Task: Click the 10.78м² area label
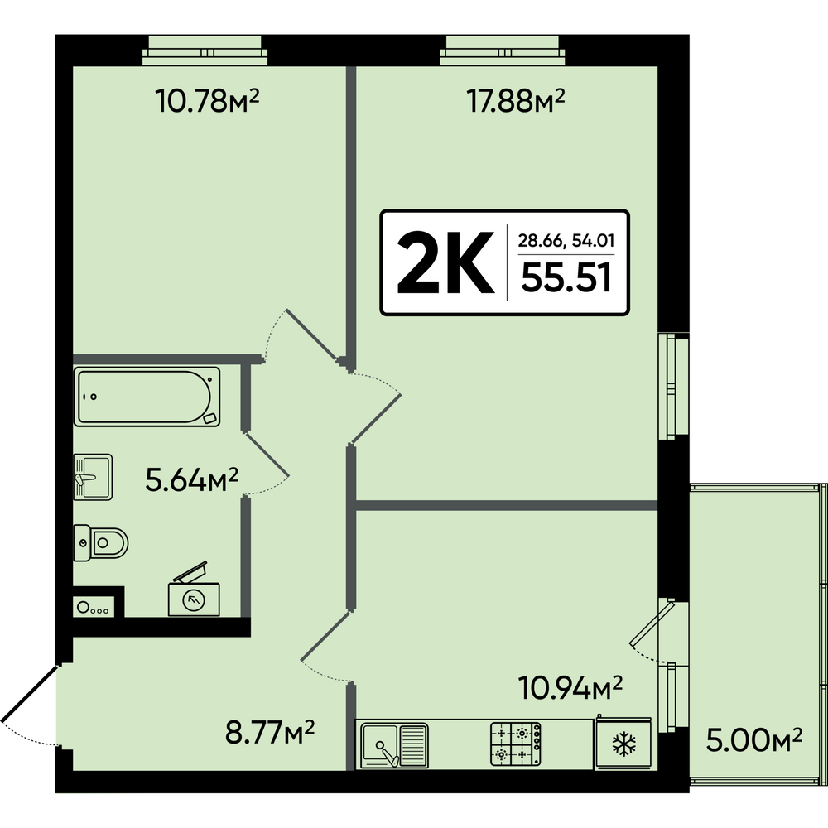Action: coord(207,100)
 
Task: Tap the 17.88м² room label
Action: coord(515,100)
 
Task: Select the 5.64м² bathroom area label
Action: coord(192,479)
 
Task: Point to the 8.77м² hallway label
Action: coord(270,732)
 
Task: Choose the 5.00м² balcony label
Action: coord(754,739)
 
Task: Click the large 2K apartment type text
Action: coord(445,262)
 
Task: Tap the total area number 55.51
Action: coord(566,277)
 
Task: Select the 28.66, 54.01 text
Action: coord(566,241)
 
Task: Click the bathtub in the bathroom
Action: coord(147,397)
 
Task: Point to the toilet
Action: coord(100,542)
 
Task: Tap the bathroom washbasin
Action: coord(93,477)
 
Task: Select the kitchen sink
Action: coord(394,745)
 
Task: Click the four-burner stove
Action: coord(516,744)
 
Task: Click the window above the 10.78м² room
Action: coord(205,51)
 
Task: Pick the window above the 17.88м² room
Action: coord(503,51)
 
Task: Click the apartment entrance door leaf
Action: coord(29,693)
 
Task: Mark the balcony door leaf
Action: coord(652,623)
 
